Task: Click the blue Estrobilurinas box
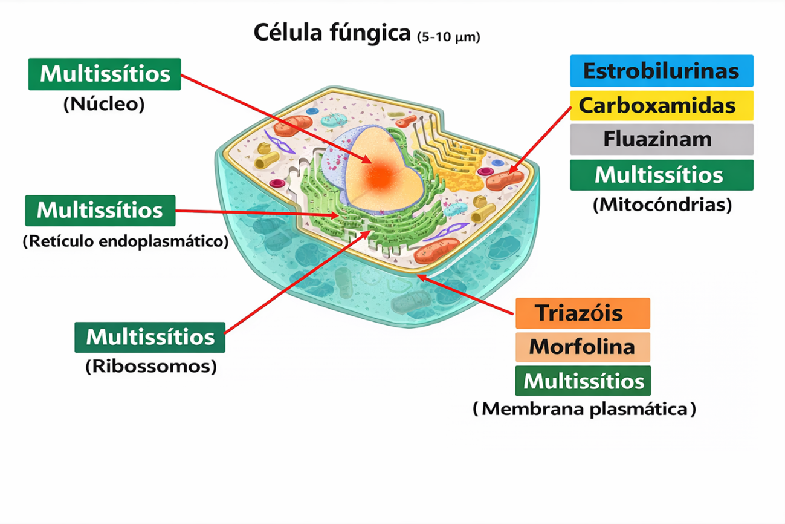[661, 71]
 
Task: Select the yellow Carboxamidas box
[661, 105]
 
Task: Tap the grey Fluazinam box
[661, 140]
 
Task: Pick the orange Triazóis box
[583, 313]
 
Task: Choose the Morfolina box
[583, 347]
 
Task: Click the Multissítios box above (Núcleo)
[105, 74]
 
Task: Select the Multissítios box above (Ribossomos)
[150, 337]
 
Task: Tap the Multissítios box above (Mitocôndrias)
[661, 175]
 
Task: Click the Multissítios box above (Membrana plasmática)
[583, 381]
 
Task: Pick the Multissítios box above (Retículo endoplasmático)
[100, 211]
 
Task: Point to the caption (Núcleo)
[104, 105]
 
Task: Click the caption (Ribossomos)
[150, 367]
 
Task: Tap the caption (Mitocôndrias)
[662, 205]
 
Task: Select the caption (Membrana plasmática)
[584, 409]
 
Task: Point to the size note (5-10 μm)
[448, 37]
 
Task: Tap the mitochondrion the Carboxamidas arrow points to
[505, 180]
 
